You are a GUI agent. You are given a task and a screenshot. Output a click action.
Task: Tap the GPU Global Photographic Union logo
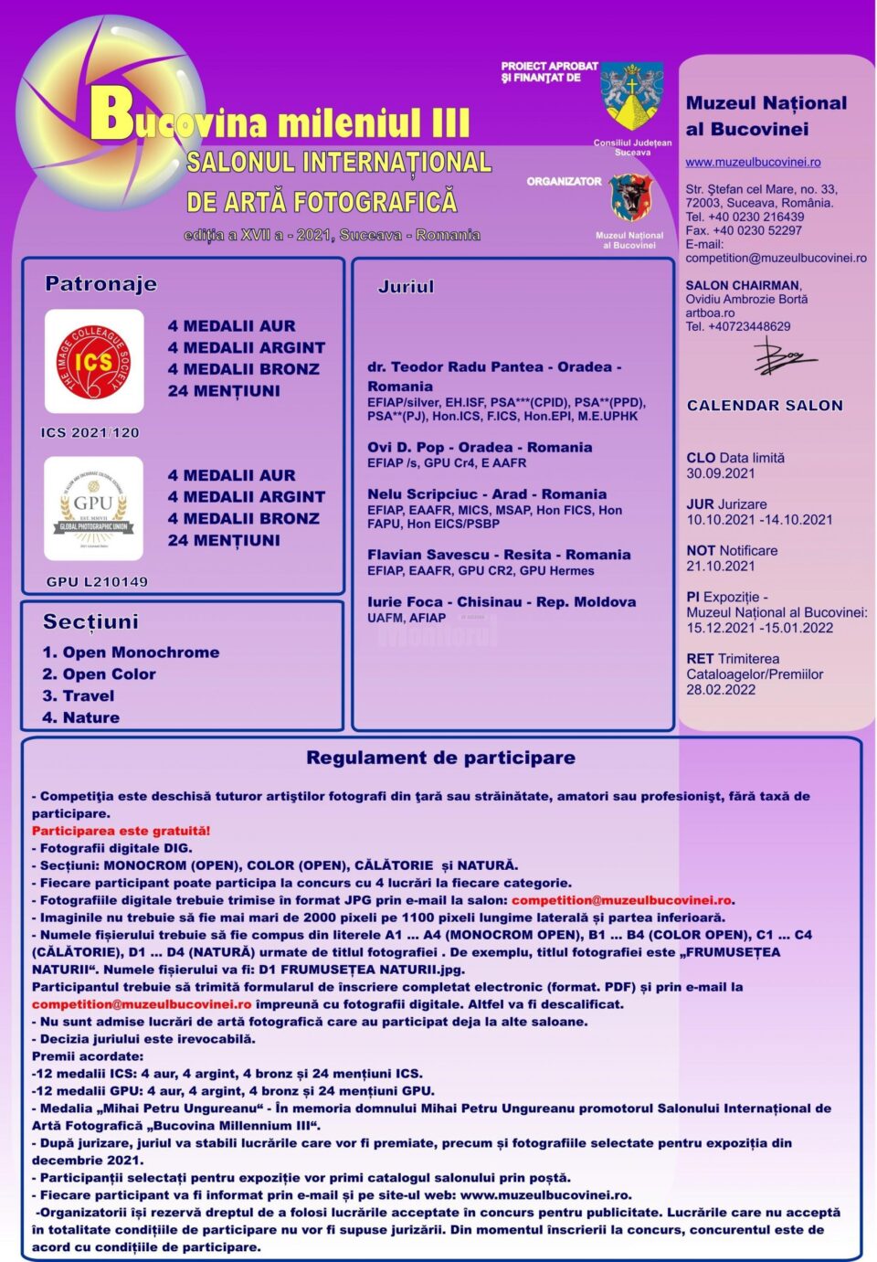[x=93, y=509]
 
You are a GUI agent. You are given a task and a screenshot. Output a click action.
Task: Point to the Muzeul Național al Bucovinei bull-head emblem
[x=630, y=198]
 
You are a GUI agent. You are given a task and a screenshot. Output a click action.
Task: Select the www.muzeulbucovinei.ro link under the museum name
[x=753, y=163]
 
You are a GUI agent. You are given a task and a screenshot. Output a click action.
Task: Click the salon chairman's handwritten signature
[x=782, y=357]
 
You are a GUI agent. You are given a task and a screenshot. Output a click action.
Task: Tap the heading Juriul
[x=406, y=287]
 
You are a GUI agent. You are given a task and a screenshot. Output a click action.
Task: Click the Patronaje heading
[x=100, y=284]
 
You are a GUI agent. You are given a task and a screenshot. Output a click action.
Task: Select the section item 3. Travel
[x=79, y=695]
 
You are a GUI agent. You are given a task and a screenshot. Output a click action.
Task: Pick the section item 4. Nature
[x=81, y=717]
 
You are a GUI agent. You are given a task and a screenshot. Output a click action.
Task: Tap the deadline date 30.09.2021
[x=721, y=473]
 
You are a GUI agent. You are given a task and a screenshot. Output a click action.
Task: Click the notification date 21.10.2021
[x=721, y=566]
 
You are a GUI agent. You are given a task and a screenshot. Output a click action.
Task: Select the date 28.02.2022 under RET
[x=721, y=690]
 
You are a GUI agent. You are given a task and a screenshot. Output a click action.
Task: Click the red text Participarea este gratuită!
[x=122, y=831]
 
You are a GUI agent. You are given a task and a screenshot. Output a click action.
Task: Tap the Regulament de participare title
[x=440, y=758]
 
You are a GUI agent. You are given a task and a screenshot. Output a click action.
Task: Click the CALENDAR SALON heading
[x=765, y=406]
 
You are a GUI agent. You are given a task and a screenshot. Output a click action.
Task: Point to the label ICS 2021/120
[x=90, y=433]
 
